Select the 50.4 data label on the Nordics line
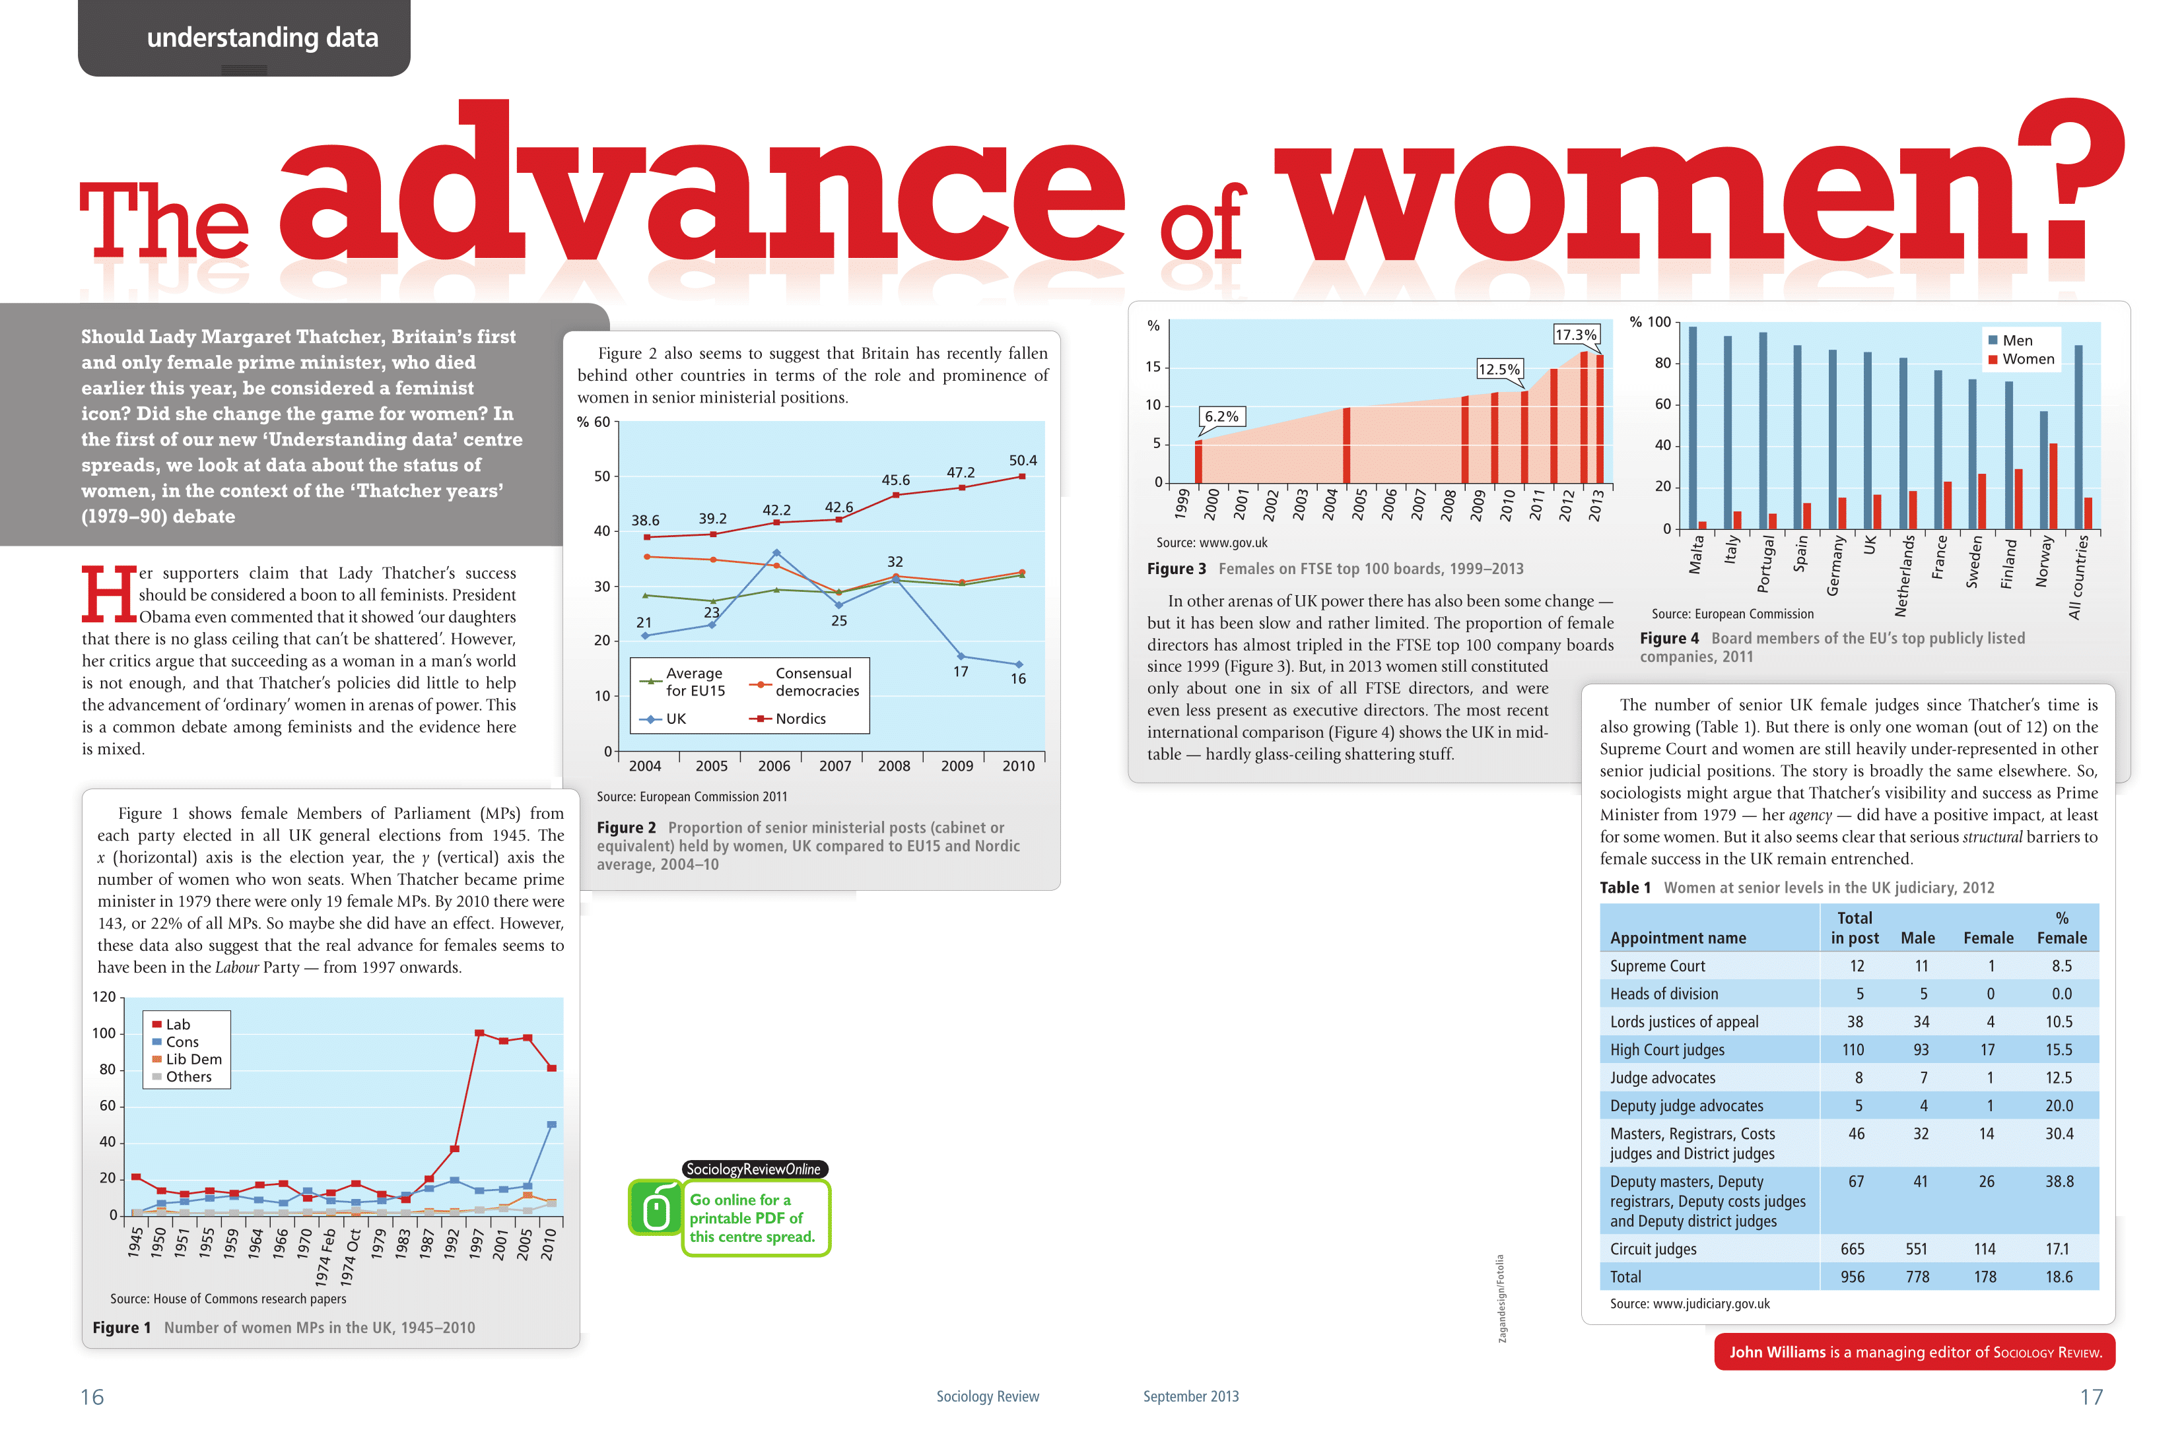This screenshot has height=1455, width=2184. click(1022, 461)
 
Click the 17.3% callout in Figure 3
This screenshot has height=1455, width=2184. click(1575, 335)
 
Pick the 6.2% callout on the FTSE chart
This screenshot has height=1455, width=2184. click(1221, 416)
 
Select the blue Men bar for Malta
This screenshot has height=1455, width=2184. click(1692, 427)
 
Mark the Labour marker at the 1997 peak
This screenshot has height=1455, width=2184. click(479, 1033)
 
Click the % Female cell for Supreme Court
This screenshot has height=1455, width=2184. click(2061, 966)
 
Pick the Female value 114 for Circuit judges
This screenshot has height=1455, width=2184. click(1985, 1249)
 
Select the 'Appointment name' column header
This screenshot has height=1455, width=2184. click(1677, 938)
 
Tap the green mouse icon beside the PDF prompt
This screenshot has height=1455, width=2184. click(656, 1208)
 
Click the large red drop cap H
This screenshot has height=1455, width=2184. click(108, 594)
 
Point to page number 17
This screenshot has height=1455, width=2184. click(2090, 1396)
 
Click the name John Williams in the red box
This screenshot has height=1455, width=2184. click(1777, 1352)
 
